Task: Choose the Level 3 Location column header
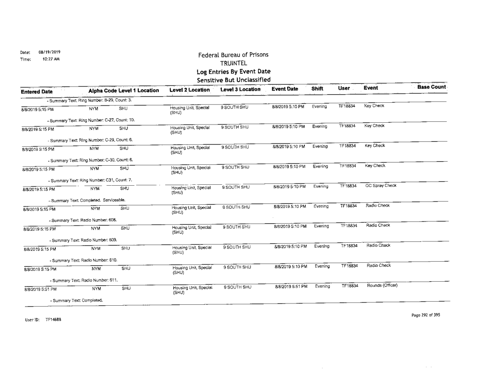(240, 91)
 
